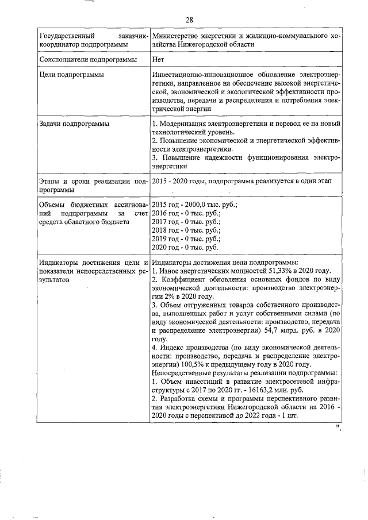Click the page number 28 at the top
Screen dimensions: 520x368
pos(189,21)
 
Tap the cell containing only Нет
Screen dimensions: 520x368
pos(159,59)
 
